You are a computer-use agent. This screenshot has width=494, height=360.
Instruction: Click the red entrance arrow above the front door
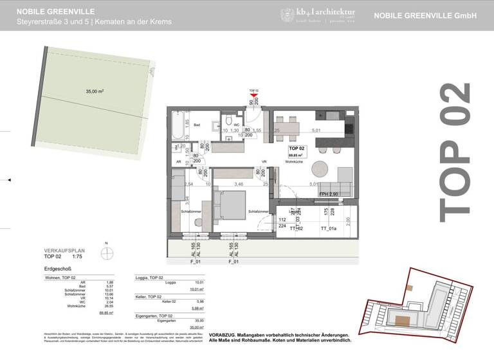click(254, 96)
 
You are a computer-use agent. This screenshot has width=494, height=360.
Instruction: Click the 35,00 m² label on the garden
click(95, 92)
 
